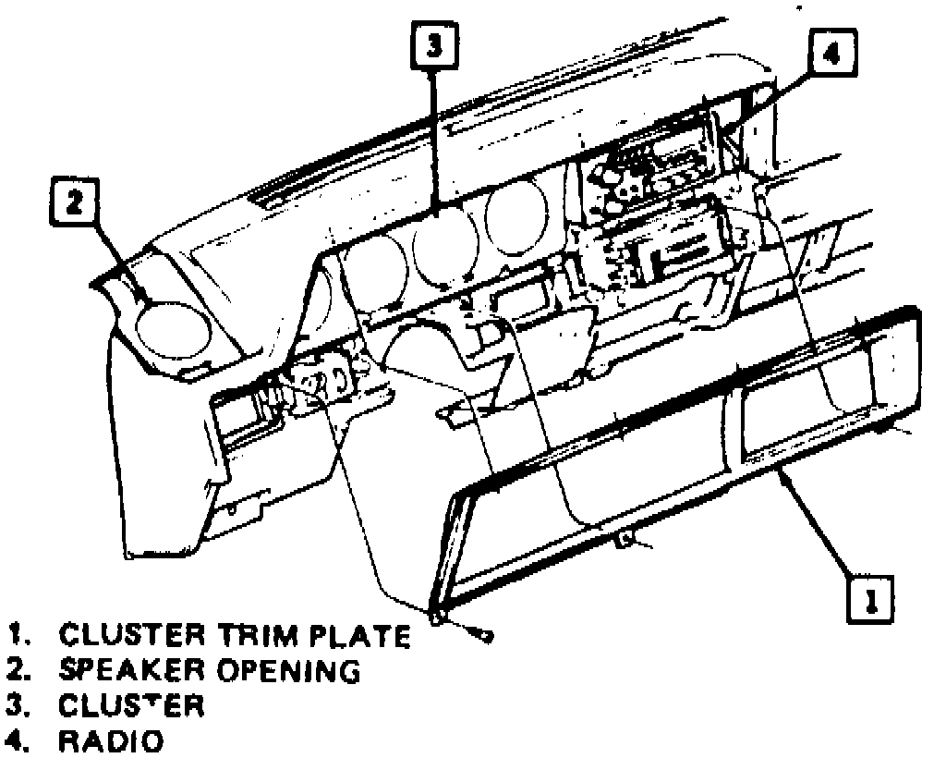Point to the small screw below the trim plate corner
pos(482,634)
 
